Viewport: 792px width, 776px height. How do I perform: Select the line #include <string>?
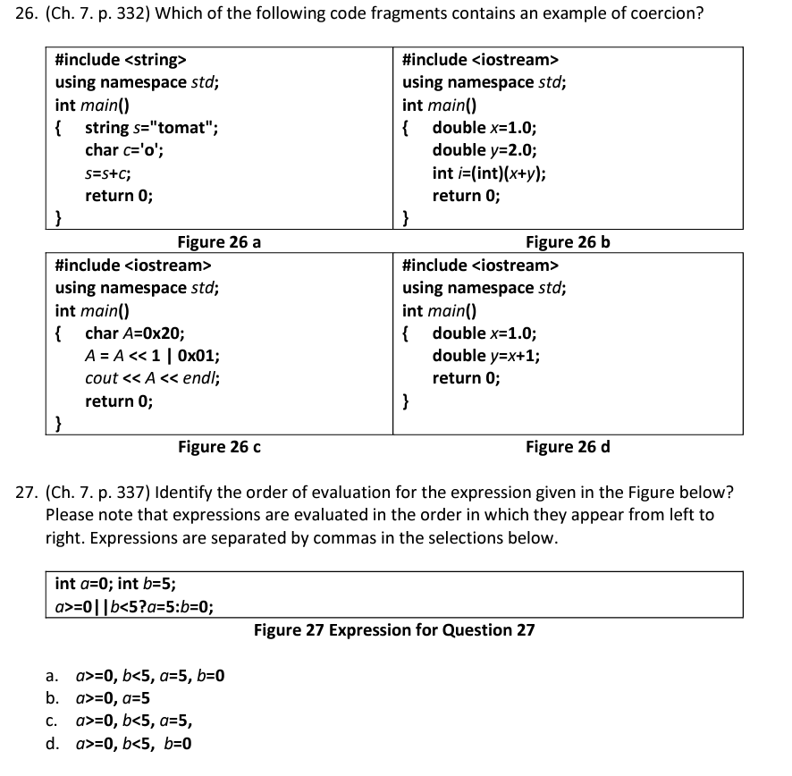click(x=121, y=60)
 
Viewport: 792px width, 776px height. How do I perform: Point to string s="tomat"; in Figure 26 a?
click(x=151, y=127)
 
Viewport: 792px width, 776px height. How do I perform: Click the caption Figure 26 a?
click(x=219, y=241)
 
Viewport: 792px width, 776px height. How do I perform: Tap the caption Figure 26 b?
click(x=568, y=241)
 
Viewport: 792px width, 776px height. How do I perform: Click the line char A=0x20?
click(x=135, y=333)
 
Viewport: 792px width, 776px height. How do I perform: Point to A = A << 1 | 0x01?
click(x=153, y=355)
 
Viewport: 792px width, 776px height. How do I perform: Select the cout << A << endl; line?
click(x=153, y=378)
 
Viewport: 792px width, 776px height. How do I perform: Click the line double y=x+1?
click(x=485, y=355)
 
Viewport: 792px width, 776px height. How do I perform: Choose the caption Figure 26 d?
click(x=568, y=446)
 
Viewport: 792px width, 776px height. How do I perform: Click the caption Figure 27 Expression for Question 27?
click(x=394, y=630)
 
